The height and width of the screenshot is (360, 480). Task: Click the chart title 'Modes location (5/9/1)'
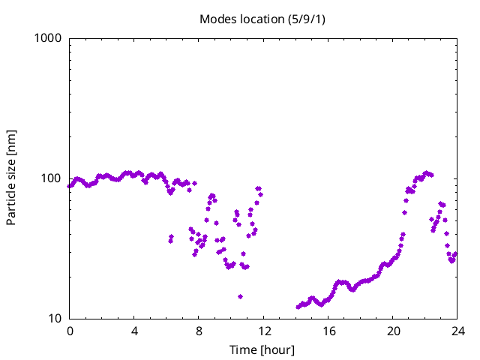tap(261, 19)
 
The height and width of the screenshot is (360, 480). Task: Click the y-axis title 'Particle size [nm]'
tap(12, 177)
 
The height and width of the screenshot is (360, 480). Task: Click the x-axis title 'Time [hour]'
tap(262, 349)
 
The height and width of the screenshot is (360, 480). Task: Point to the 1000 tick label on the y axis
tap(48, 38)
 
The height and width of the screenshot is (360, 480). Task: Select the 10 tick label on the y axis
tap(54, 319)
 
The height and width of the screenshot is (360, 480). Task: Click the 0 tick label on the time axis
tap(70, 331)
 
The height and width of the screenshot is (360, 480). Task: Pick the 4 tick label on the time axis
tap(134, 331)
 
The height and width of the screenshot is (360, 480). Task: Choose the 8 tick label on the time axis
tap(199, 331)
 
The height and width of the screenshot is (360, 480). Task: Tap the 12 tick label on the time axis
tap(263, 331)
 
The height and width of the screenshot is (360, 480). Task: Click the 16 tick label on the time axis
tap(328, 331)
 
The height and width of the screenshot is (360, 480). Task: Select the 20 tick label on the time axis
tap(392, 331)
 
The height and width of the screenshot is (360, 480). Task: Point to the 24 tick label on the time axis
tap(457, 331)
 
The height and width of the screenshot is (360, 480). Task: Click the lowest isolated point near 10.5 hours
tap(240, 296)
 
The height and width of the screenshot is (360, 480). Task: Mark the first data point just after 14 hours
tap(298, 307)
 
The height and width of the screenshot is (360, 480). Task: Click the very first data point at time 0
tap(70, 186)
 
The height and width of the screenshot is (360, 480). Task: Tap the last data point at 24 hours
tap(455, 254)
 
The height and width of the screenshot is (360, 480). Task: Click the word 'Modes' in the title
tap(217, 19)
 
